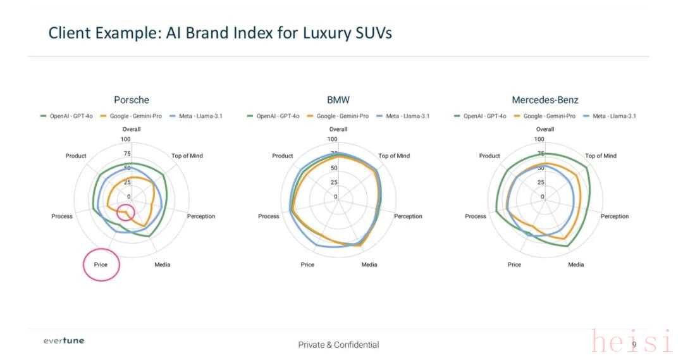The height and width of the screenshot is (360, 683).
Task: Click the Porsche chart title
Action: (x=132, y=100)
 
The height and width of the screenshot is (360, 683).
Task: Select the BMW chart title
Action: (x=338, y=100)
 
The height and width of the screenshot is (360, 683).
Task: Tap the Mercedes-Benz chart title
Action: (x=545, y=100)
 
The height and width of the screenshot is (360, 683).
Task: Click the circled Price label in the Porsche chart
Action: (x=101, y=264)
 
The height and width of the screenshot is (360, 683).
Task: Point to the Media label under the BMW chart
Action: (x=369, y=264)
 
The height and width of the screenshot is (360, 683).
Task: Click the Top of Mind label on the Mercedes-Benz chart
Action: (x=600, y=156)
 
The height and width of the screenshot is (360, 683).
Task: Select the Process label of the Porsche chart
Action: (x=62, y=216)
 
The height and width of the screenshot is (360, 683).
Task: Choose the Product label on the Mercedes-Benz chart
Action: (x=489, y=156)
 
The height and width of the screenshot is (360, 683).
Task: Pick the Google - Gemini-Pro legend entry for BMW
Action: (x=339, y=116)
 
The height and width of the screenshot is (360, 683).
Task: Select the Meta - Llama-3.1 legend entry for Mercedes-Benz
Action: (x=613, y=116)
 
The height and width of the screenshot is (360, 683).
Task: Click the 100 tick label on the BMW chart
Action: (x=332, y=139)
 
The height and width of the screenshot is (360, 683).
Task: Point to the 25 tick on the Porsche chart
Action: (x=127, y=183)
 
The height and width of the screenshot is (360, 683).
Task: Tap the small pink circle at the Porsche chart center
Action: (x=126, y=213)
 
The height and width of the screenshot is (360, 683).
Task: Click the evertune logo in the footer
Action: (x=63, y=341)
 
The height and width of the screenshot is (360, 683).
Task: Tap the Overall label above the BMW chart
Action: (x=338, y=129)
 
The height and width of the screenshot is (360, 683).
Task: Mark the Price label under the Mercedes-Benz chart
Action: (x=514, y=264)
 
